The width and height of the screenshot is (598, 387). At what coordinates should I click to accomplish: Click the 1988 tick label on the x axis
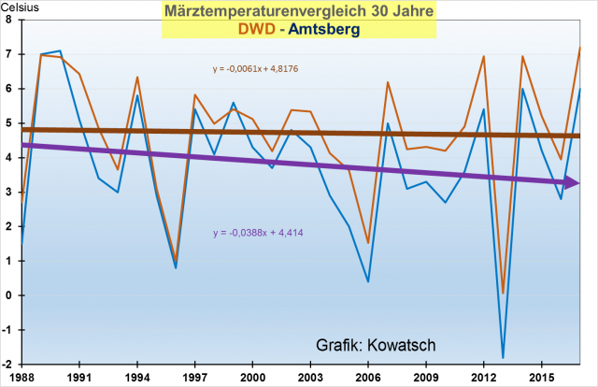pos(23,377)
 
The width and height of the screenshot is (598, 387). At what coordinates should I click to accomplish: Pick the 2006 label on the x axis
pos(366,377)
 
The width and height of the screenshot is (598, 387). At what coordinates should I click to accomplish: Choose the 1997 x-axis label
pos(194,377)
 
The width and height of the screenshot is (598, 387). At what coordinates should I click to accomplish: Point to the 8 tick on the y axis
pos(9,20)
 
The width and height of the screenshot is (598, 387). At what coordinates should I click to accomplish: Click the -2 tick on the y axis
pos(7,364)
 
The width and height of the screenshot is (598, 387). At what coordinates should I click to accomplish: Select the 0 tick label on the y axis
pos(9,294)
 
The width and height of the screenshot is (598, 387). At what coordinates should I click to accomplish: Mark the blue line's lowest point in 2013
pos(503,358)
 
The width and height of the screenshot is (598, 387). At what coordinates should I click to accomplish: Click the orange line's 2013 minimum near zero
pos(503,293)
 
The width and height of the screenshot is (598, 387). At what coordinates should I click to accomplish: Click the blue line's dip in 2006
pos(367,281)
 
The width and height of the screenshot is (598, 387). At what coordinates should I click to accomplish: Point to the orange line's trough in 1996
pos(176,261)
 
